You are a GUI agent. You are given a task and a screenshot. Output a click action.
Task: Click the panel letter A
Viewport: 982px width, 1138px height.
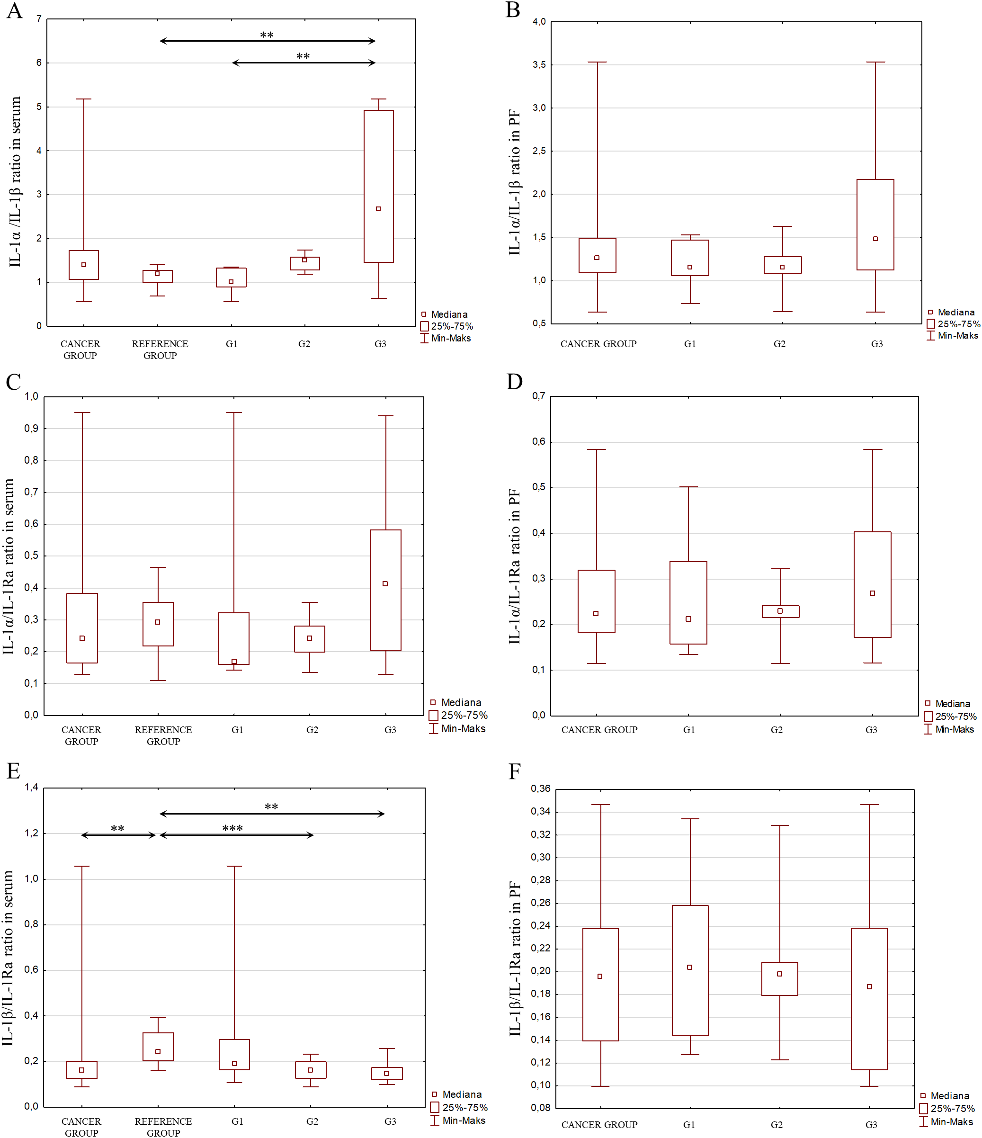[15, 10]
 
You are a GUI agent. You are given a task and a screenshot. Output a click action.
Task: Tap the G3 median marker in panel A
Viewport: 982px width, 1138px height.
[378, 209]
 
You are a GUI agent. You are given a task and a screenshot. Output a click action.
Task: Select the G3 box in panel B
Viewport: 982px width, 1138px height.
[875, 224]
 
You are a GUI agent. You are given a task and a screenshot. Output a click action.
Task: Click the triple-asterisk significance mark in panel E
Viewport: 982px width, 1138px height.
[232, 828]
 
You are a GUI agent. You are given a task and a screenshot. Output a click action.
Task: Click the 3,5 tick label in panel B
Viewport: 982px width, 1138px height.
[539, 65]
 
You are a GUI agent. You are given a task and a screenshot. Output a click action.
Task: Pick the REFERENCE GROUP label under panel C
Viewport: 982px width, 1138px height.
[163, 735]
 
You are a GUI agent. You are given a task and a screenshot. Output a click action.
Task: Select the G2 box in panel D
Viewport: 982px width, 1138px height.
[780, 611]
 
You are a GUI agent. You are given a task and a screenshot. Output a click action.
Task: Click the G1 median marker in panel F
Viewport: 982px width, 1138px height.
[690, 967]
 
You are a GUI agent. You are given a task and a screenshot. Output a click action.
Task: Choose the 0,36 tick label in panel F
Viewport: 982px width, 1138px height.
[540, 789]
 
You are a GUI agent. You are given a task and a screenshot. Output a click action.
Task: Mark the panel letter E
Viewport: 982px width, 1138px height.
[13, 771]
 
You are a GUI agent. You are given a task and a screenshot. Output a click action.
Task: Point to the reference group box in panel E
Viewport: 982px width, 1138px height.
[158, 1046]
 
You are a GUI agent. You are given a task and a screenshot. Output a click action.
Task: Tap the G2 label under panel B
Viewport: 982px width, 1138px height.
[779, 344]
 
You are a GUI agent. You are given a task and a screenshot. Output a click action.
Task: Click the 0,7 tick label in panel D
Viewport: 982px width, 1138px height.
[538, 396]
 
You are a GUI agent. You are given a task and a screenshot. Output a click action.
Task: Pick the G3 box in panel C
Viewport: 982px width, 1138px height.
[385, 590]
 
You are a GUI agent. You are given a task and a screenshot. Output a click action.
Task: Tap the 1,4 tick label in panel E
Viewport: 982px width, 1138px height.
[31, 787]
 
